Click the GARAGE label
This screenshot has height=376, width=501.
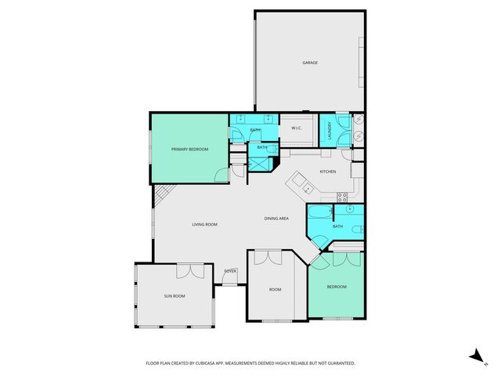pyautogui.click(x=310, y=63)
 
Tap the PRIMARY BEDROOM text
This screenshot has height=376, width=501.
pyautogui.click(x=189, y=149)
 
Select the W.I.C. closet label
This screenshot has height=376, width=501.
pyautogui.click(x=297, y=128)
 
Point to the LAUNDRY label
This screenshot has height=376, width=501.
pyautogui.click(x=330, y=129)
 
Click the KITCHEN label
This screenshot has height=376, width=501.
pyautogui.click(x=327, y=171)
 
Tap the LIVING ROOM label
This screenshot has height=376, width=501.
pyautogui.click(x=204, y=225)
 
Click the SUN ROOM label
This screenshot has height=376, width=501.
pyautogui.click(x=174, y=296)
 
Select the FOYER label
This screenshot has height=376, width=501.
pyautogui.click(x=230, y=271)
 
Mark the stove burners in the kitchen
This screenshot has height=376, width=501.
pyautogui.click(x=341, y=196)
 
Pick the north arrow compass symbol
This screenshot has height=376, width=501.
pyautogui.click(x=474, y=356)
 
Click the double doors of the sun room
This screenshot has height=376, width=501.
pyautogui.click(x=189, y=270)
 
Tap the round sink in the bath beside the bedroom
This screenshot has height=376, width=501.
pyautogui.click(x=350, y=209)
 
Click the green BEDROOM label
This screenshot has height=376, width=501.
pyautogui.click(x=337, y=287)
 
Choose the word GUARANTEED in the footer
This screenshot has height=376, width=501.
pyautogui.click(x=338, y=363)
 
